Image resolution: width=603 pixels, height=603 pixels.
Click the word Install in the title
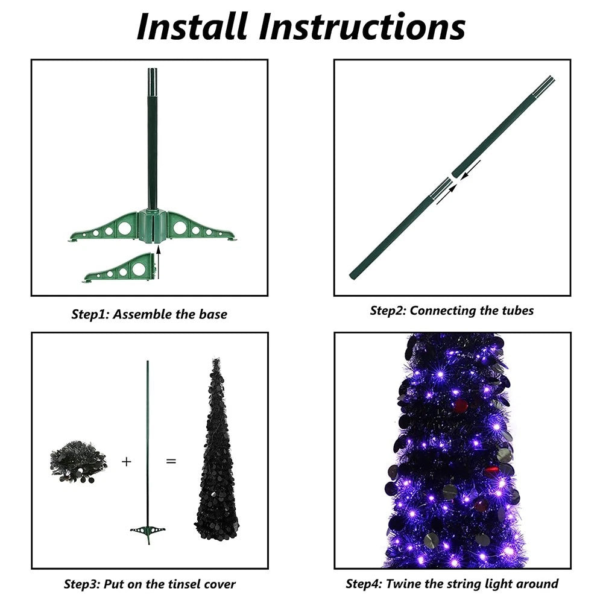pyautogui.click(x=192, y=27)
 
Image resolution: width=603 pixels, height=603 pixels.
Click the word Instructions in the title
pyautogui.click(x=362, y=27)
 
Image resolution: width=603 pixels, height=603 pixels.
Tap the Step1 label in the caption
pyautogui.click(x=91, y=315)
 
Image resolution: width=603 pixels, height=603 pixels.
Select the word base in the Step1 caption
pyautogui.click(x=213, y=314)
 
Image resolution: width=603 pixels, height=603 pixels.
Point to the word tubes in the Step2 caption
pyautogui.click(x=518, y=311)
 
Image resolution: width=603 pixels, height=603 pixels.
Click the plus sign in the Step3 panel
pyautogui.click(x=126, y=461)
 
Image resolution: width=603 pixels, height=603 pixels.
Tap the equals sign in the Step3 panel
pyautogui.click(x=171, y=461)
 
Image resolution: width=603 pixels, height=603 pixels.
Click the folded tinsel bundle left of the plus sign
pyautogui.click(x=78, y=461)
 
